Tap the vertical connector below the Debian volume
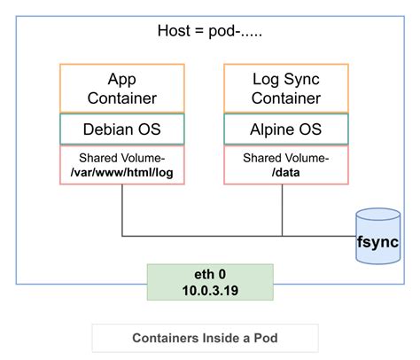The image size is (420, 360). tap(121, 210)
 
